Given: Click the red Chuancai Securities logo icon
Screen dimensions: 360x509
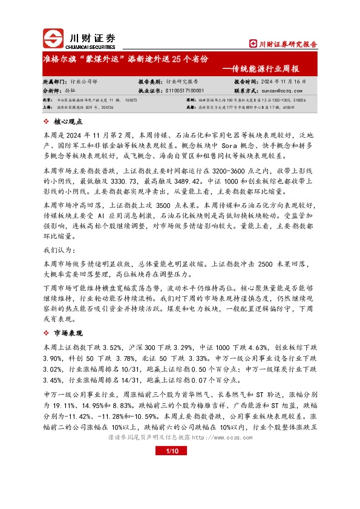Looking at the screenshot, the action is tap(53, 39).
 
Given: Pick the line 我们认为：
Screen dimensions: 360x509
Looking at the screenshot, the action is tap(59, 250).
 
